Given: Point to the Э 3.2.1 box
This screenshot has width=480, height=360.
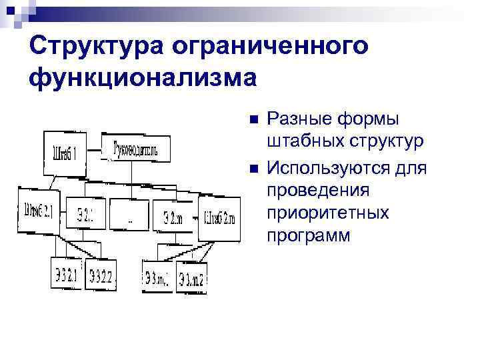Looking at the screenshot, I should [x=66, y=274].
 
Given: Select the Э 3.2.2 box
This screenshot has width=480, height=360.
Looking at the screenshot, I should [x=100, y=274].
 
